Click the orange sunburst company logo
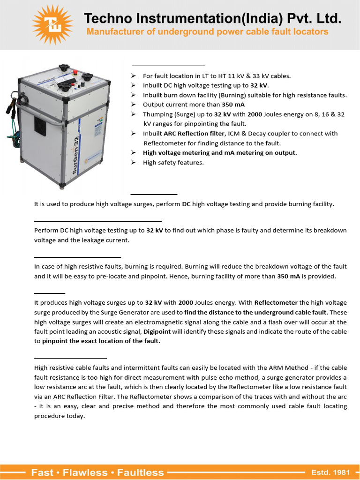(52, 24)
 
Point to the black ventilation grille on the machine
(40, 126)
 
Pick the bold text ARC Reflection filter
(194, 134)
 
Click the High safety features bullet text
(173, 163)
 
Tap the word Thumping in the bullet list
(157, 114)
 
